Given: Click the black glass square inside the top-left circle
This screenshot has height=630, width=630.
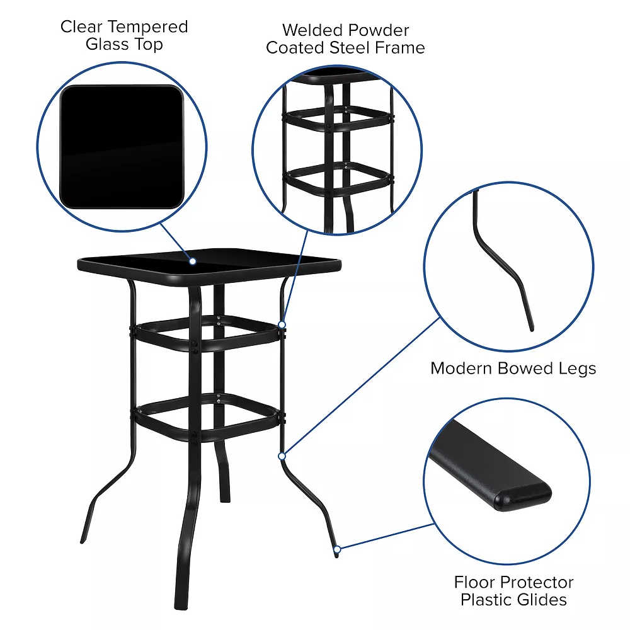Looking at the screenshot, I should [x=122, y=147].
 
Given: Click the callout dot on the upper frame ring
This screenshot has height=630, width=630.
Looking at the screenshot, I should [x=282, y=325].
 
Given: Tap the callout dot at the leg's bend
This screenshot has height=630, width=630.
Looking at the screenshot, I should [x=282, y=455].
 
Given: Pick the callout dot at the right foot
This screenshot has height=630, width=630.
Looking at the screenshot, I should [x=337, y=549].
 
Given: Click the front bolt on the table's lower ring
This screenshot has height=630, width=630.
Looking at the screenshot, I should [x=197, y=435].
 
